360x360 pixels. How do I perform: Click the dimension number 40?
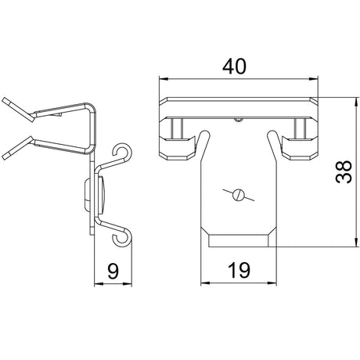[x=234, y=67]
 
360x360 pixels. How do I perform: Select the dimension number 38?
[x=344, y=172]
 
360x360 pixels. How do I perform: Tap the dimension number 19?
[x=239, y=270]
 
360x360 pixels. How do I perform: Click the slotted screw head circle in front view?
[x=238, y=195]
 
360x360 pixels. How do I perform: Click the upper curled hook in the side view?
[x=122, y=152]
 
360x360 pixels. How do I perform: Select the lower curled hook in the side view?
[x=122, y=238]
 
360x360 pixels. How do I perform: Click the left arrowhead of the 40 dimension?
[x=164, y=79]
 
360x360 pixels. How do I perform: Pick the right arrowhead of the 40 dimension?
[x=314, y=79]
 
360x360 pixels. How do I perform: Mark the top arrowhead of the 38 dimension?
[x=355, y=102]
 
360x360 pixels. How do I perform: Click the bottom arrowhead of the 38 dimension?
[x=355, y=242]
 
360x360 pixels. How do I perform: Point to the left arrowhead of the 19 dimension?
[x=205, y=283]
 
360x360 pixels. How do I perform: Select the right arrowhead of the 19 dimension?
[x=272, y=283]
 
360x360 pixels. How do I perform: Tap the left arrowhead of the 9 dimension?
[x=99, y=283]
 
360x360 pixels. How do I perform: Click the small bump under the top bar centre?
[x=238, y=120]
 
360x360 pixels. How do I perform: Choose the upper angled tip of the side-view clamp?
[x=18, y=110]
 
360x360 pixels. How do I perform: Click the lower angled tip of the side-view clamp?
[x=18, y=148]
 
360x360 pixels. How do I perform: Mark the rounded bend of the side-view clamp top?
[x=92, y=108]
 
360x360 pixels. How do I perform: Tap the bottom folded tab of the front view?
[x=239, y=240]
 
